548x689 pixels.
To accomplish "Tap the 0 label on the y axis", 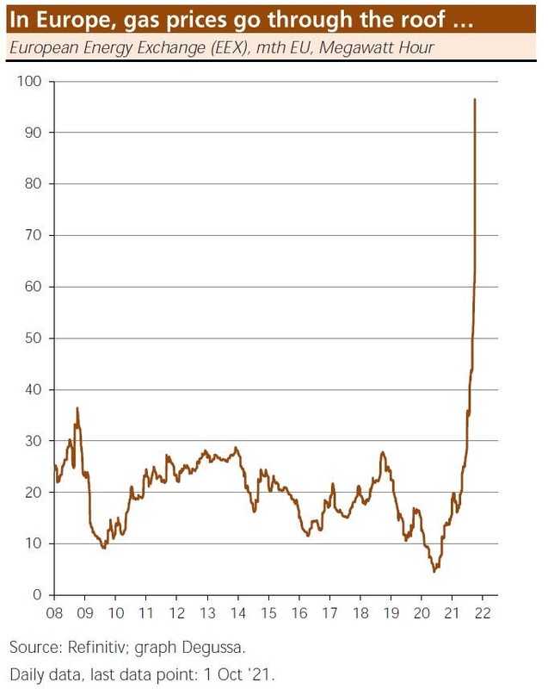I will tap(39, 595).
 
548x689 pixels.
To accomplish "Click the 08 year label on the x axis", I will tap(54, 614).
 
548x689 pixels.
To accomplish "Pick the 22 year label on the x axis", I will tap(483, 614).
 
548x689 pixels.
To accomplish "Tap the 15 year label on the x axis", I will tap(268, 614).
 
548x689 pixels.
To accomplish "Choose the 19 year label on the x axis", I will tap(391, 614).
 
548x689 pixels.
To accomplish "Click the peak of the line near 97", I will tap(475, 99).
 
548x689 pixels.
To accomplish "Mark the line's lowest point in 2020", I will tap(435, 571).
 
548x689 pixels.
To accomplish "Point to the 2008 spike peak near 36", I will tap(77, 407).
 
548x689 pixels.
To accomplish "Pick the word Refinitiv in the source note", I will tap(94, 646).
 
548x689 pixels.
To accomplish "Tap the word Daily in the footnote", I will tap(28, 670).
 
